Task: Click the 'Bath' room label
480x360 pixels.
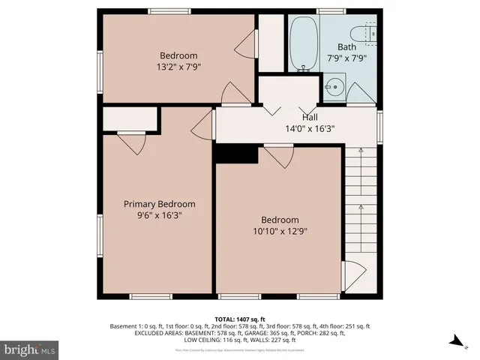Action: coord(346,46)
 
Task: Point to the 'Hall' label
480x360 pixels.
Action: coord(310,117)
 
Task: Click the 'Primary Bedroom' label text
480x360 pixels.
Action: coord(159,204)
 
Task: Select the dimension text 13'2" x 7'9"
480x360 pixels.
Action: coord(178,66)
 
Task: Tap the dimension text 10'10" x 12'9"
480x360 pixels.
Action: coord(279,231)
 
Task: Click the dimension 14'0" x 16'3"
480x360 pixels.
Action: coord(310,128)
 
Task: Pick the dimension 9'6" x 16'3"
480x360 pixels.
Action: coord(159,215)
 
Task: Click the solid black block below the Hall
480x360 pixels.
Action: coord(235,153)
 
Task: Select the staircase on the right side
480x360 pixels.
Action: coord(361,202)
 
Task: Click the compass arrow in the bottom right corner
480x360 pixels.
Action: coord(455,341)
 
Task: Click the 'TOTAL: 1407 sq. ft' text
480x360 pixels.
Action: coord(240,319)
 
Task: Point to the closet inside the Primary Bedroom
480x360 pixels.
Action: coord(130,119)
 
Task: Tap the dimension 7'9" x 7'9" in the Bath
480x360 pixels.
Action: coord(346,58)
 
